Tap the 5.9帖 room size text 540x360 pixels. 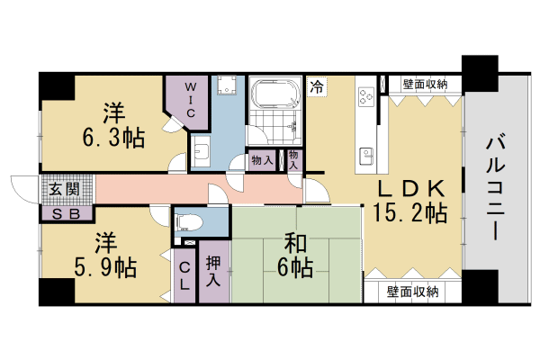coord(103,267)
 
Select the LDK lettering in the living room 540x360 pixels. coord(409,189)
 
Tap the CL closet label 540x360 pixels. coord(184,274)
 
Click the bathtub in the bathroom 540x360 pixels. coord(275,94)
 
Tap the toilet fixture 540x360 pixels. coord(189,220)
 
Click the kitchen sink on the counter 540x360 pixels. coord(366,155)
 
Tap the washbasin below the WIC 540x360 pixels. coord(201,149)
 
